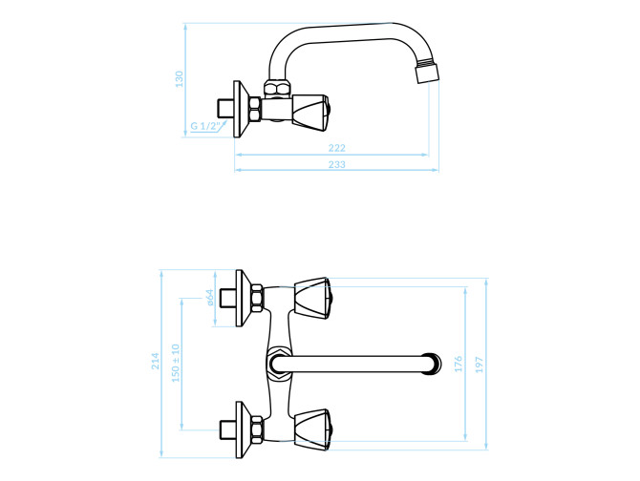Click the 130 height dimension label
click(x=180, y=78)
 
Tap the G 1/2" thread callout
click(x=205, y=126)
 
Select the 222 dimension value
click(x=337, y=148)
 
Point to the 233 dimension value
click(x=337, y=164)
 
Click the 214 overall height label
click(x=156, y=361)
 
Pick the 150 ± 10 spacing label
click(x=176, y=364)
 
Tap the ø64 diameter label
click(x=209, y=297)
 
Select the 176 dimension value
click(x=459, y=364)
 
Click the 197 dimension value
click(x=480, y=365)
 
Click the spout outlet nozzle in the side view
click(x=427, y=73)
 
